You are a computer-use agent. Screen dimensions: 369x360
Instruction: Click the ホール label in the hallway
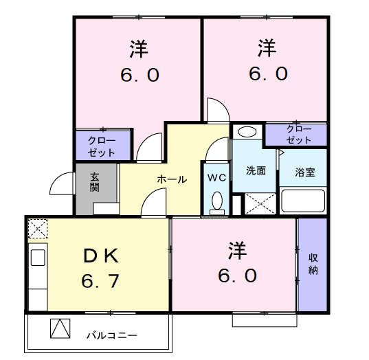pyautogui.click(x=172, y=179)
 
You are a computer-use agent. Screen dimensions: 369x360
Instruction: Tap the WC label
pyautogui.click(x=216, y=178)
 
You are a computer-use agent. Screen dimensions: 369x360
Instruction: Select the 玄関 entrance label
pyautogui.click(x=94, y=182)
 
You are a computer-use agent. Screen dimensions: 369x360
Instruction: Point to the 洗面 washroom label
pyautogui.click(x=256, y=171)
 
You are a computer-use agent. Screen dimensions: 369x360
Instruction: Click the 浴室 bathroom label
pyautogui.click(x=305, y=172)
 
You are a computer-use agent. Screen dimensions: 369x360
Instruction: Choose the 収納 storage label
pyautogui.click(x=313, y=264)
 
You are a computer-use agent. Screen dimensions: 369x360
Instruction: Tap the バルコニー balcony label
pyautogui.click(x=112, y=335)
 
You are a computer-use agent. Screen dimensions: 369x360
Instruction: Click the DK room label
pyautogui.click(x=101, y=256)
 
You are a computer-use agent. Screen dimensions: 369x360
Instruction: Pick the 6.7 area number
pyautogui.click(x=100, y=281)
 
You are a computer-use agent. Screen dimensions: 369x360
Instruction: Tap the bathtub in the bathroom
pyautogui.click(x=303, y=201)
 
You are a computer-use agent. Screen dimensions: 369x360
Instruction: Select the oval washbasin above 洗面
pyautogui.click(x=247, y=132)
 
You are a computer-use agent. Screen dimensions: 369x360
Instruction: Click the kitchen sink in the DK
pyautogui.click(x=38, y=258)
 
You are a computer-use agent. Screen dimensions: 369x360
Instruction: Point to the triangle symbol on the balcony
pyautogui.click(x=60, y=328)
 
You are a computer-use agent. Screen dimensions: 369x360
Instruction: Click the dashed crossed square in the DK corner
pyautogui.click(x=38, y=229)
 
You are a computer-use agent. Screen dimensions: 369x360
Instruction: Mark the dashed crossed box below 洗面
pyautogui.click(x=260, y=204)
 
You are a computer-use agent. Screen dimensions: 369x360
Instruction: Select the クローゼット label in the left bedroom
pyautogui.click(x=102, y=147)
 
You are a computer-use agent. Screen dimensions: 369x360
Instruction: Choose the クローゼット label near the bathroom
pyautogui.click(x=299, y=135)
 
